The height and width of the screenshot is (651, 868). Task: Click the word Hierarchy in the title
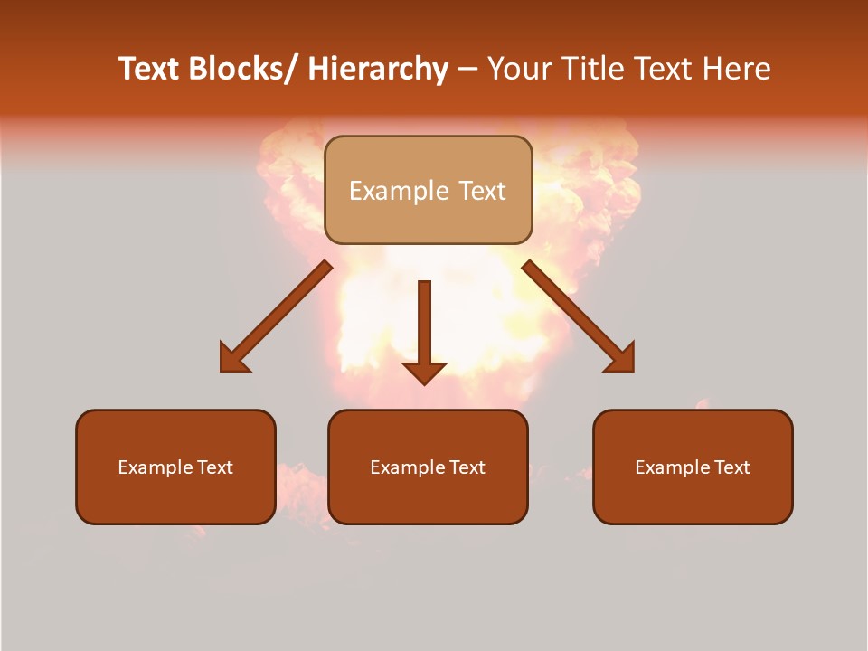pos(378,70)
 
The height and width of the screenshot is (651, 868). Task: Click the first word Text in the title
pos(149,70)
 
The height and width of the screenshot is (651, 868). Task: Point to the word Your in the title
pos(519,70)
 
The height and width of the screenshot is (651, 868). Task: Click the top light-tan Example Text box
pos(428,190)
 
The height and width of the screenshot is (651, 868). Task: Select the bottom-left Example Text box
pos(175,467)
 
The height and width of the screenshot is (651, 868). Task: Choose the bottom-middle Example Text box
pos(428,467)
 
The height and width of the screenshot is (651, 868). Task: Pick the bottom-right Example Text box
pos(693,467)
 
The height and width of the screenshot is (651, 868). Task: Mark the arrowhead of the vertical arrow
pos(424,373)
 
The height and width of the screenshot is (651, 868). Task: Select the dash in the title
pos(467,70)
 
